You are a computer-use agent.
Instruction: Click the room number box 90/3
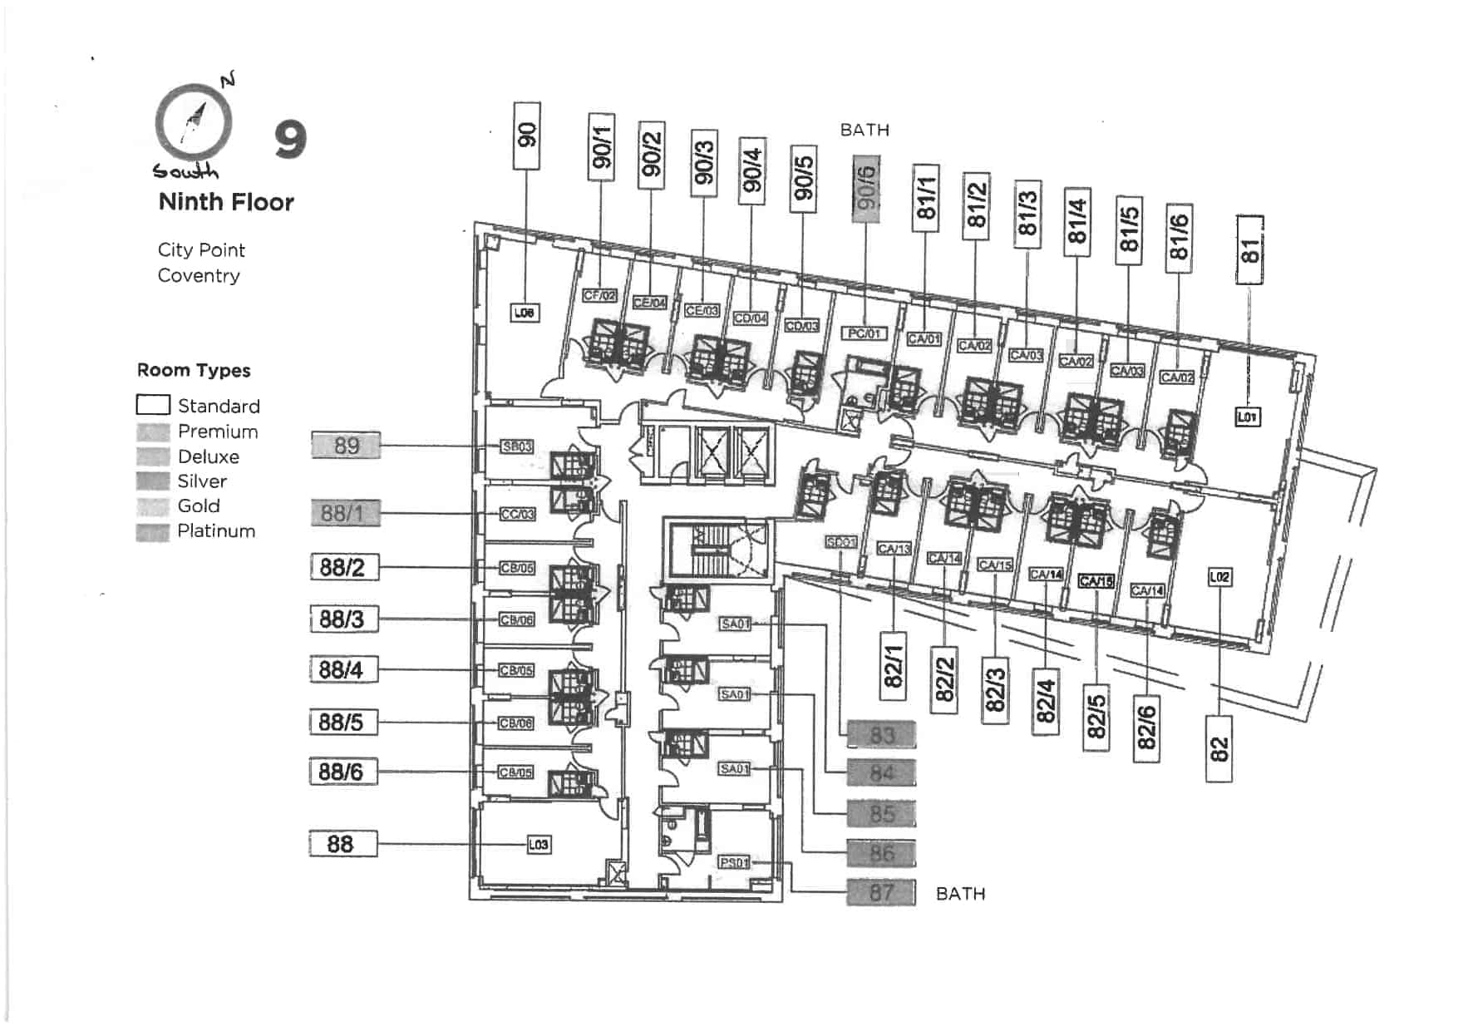(704, 163)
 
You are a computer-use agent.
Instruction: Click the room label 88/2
(343, 567)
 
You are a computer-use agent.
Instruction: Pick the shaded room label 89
(347, 446)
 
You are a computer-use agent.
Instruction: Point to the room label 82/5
(1096, 717)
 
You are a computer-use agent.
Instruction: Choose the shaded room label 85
(881, 813)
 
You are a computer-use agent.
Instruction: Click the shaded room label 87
(881, 892)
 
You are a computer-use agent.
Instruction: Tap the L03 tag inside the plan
(539, 845)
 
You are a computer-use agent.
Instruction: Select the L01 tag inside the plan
(1247, 417)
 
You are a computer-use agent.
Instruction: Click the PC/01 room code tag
(864, 333)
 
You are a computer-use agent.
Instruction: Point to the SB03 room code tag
(516, 446)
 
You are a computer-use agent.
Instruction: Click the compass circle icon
(193, 123)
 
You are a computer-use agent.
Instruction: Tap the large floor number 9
(290, 140)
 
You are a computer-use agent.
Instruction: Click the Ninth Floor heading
(226, 202)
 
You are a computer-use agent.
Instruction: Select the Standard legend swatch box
(153, 405)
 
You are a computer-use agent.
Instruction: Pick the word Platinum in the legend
(216, 530)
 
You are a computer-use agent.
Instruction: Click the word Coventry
(199, 275)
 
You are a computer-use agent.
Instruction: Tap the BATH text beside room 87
(960, 894)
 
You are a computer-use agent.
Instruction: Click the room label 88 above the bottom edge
(343, 844)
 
